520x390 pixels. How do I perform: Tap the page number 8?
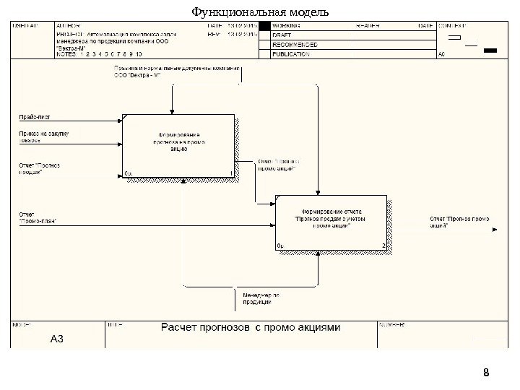point(486,373)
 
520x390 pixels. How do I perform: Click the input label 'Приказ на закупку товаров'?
point(40,137)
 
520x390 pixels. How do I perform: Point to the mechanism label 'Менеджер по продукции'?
point(261,298)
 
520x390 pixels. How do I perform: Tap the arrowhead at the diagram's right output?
point(495,230)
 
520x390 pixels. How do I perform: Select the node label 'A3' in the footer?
point(57,339)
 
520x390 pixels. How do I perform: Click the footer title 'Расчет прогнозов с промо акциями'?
point(249,327)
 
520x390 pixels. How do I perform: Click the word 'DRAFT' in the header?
point(282,35)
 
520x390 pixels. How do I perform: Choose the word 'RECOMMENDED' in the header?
point(294,44)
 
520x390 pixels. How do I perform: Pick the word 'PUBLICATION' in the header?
point(291,53)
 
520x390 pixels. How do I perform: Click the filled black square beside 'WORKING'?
point(265,25)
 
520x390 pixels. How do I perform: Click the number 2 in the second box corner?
point(384,246)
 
